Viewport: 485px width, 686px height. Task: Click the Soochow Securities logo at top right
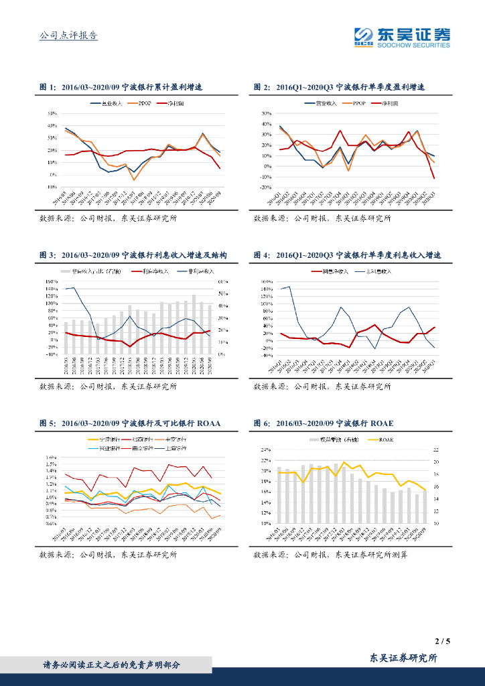(x=402, y=38)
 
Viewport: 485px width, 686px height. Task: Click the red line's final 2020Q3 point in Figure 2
(x=434, y=178)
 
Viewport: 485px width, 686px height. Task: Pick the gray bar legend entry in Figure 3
(x=94, y=271)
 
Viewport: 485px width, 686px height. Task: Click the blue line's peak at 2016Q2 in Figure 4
(x=289, y=287)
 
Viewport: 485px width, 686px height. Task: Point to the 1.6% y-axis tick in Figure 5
(x=50, y=457)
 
